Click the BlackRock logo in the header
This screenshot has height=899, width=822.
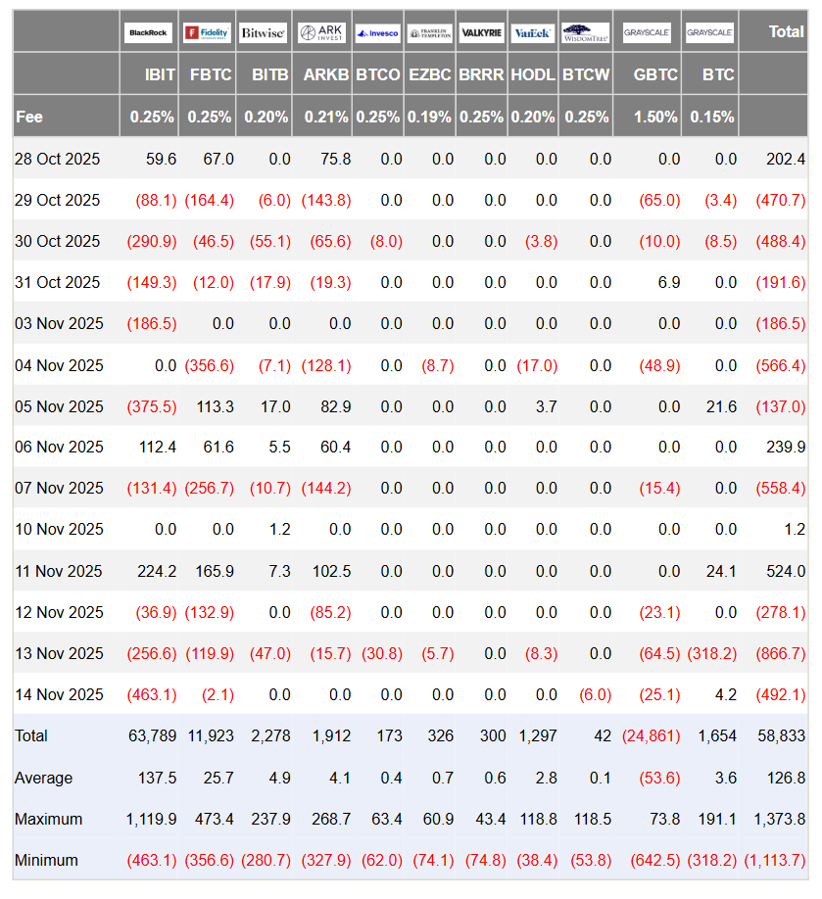click(x=147, y=33)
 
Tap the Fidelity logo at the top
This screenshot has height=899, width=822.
click(x=208, y=33)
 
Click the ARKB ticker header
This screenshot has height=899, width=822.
click(x=325, y=74)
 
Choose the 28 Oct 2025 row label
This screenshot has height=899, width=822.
click(x=57, y=159)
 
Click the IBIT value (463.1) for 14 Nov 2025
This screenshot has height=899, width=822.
click(x=152, y=695)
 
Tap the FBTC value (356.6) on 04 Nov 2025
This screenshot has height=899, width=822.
click(x=209, y=365)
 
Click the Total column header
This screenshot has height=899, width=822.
click(x=786, y=31)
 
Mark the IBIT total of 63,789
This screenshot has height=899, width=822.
click(x=152, y=736)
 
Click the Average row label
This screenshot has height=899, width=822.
click(x=43, y=779)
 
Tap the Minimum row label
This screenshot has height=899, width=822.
click(x=46, y=861)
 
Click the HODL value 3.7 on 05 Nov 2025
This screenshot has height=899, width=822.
click(x=545, y=406)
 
